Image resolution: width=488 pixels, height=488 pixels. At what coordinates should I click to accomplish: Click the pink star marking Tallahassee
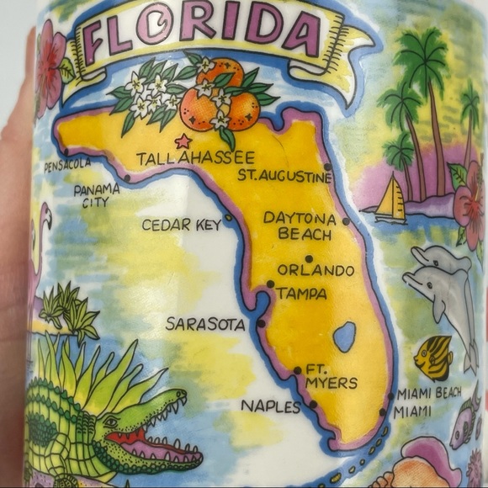182,141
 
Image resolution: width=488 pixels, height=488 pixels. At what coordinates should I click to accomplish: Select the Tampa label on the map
300,294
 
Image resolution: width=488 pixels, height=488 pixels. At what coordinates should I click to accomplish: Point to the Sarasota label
205,323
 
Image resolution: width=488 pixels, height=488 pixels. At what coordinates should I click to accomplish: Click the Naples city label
270,406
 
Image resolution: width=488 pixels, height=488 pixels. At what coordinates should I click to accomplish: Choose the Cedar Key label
180,225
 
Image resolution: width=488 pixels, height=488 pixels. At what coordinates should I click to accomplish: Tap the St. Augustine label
284,176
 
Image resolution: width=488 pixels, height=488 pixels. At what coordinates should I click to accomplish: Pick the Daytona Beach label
300,225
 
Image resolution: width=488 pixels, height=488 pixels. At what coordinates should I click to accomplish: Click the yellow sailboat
390,201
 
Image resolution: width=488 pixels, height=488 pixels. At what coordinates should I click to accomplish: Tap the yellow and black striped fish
433,358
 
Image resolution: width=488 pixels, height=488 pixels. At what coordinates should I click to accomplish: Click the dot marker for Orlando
309,258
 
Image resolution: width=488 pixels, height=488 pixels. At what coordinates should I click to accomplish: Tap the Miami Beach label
429,394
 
